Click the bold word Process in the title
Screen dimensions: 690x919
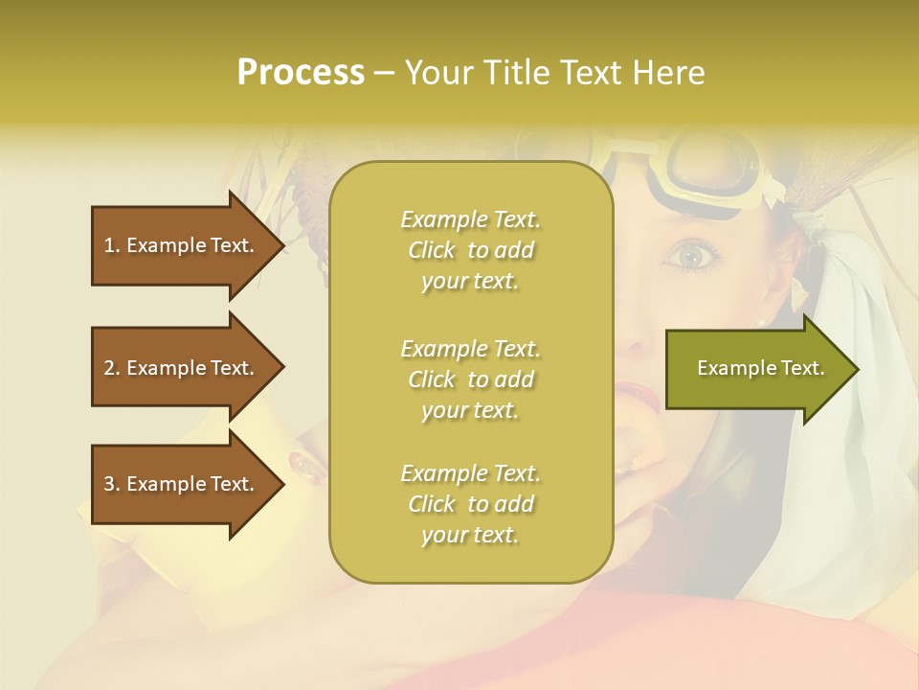coord(301,73)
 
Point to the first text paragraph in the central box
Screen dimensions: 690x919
coord(470,250)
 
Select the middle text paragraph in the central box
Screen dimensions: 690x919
coord(470,379)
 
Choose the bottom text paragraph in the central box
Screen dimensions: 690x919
coord(470,504)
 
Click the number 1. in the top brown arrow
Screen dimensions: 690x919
coord(112,245)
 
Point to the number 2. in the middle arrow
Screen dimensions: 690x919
coord(112,368)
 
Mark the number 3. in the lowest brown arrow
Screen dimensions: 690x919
coord(112,484)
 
